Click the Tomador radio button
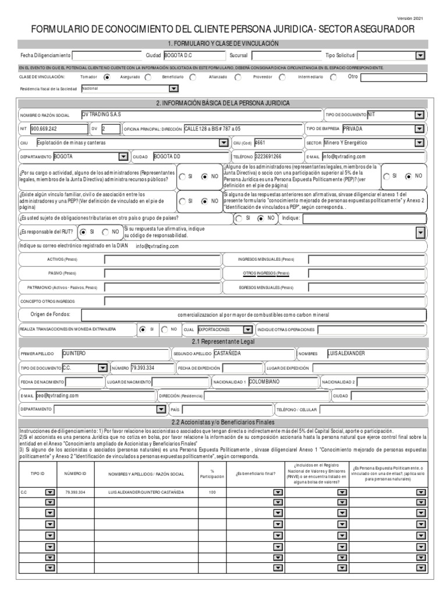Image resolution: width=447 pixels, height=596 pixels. (x=107, y=77)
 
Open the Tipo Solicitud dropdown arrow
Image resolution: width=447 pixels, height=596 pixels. (x=420, y=56)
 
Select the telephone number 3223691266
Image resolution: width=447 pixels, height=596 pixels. (x=278, y=157)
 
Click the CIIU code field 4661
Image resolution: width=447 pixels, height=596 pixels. (x=277, y=143)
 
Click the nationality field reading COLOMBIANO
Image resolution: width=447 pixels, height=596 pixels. (x=282, y=382)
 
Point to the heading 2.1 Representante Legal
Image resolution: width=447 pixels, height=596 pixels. (x=223, y=341)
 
